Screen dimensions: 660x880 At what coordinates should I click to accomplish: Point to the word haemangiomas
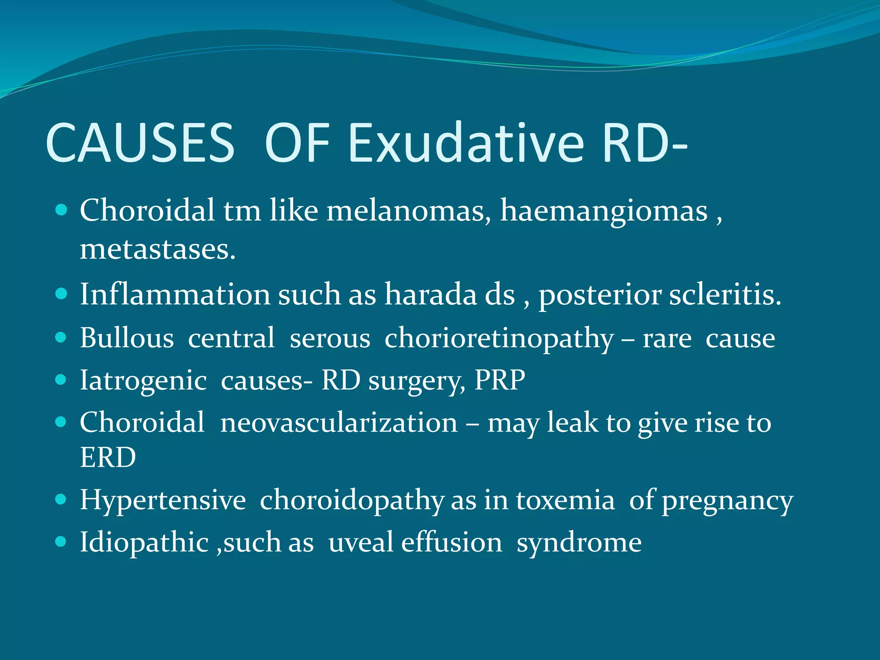(604, 211)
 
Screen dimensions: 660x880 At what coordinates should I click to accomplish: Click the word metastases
(157, 249)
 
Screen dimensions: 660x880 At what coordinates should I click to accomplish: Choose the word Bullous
(127, 338)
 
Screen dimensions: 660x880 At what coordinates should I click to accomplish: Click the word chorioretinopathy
(499, 339)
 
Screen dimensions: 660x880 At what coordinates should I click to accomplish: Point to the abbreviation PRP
(499, 380)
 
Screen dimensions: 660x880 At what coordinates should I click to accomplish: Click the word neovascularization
(339, 422)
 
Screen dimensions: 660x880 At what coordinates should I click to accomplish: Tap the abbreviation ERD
(108, 457)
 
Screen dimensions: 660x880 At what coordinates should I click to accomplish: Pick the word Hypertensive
(162, 501)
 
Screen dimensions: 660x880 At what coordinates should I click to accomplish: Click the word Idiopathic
(144, 542)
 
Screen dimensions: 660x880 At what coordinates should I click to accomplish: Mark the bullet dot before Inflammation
(61, 293)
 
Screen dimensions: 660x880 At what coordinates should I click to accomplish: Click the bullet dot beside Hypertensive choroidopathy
(61, 499)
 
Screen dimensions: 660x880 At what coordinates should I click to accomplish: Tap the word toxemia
(565, 501)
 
